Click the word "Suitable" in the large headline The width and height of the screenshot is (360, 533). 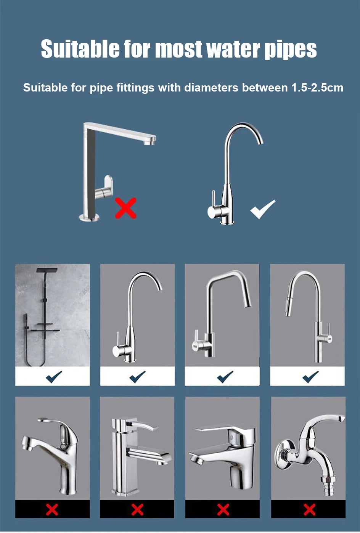(80, 49)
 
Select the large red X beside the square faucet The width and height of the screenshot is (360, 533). (126, 208)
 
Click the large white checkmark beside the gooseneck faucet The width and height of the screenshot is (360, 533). (263, 209)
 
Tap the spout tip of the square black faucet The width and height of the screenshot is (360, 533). (149, 142)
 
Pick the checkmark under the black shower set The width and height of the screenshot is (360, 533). (54, 377)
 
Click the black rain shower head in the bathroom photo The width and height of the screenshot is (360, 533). (47, 270)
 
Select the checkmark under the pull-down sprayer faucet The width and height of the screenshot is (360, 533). (310, 377)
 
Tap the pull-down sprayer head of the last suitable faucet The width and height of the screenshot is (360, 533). (289, 309)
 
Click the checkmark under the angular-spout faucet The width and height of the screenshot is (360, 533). (225, 377)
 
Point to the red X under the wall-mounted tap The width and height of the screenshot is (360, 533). (309, 509)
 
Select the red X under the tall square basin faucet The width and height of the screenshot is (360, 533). (137, 509)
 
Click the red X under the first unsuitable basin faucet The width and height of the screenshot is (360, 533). (52, 509)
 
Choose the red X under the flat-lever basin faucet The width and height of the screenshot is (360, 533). (223, 509)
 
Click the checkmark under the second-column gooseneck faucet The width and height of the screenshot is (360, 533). (137, 377)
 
